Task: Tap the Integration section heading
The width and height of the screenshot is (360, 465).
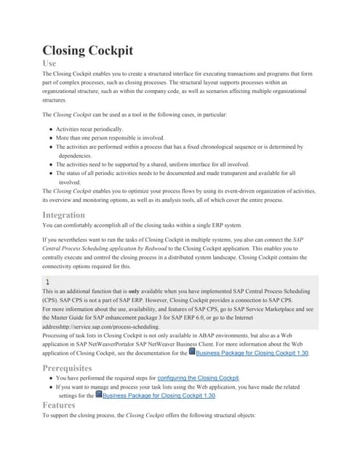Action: [x=73, y=214]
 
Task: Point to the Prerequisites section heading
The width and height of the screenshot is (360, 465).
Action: [x=77, y=368]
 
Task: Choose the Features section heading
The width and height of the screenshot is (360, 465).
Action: [x=63, y=405]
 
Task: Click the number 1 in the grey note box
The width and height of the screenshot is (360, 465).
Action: [x=47, y=280]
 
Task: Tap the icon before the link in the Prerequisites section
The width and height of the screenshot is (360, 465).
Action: [x=98, y=395]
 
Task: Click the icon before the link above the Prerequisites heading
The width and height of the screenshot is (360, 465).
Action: [x=191, y=351]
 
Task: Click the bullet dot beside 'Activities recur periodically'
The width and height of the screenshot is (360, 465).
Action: [x=51, y=128]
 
